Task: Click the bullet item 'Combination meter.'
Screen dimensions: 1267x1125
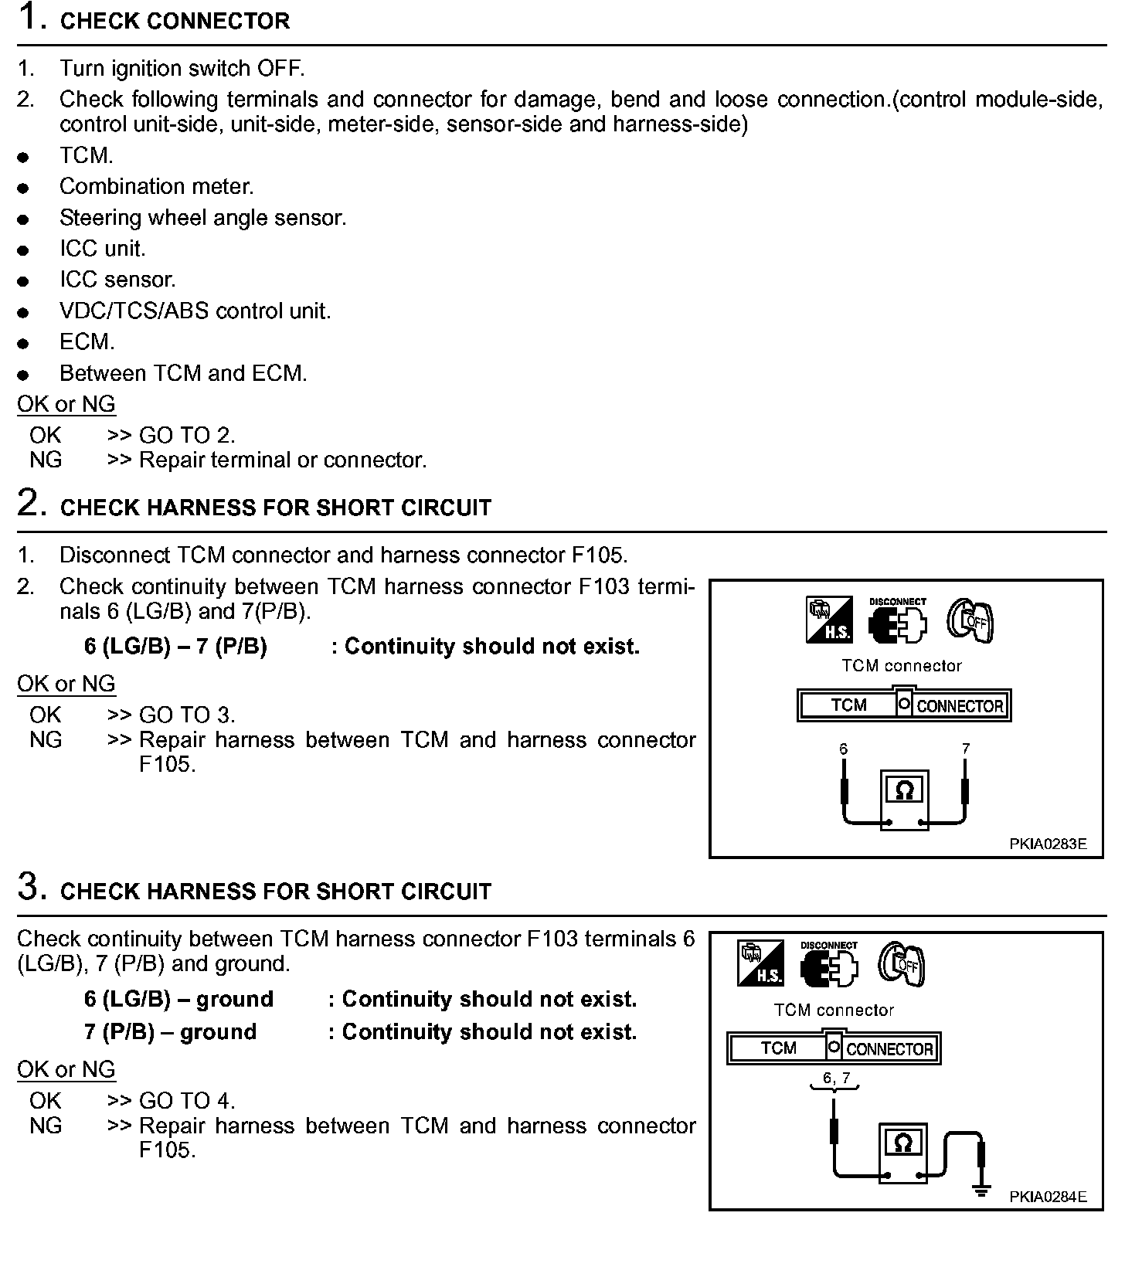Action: pos(156,187)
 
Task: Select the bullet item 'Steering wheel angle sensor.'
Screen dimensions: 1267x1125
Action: pos(202,218)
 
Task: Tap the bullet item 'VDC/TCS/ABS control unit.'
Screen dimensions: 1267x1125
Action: pos(195,311)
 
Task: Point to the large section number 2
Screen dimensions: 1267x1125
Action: pos(29,503)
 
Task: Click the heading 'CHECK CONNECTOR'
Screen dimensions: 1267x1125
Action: pos(175,21)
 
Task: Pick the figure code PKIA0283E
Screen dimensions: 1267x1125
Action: pos(1047,844)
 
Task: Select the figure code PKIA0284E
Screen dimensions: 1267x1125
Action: pos(1047,1197)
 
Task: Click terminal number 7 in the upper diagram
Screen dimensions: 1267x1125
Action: pos(965,749)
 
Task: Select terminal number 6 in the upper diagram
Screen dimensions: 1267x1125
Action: pos(844,749)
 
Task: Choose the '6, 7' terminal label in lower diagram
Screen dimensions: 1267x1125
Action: pos(835,1078)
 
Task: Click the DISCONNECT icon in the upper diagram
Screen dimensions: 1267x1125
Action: pos(897,621)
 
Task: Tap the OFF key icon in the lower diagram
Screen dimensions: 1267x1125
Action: pos(902,964)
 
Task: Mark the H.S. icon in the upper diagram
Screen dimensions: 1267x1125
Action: pos(829,620)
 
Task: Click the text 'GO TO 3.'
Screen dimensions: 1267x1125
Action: pos(186,715)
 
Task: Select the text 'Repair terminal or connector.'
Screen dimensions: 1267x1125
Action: pos(282,460)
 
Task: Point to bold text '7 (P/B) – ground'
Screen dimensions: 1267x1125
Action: pos(170,1032)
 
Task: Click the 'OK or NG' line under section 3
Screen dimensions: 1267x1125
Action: pos(66,1070)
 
